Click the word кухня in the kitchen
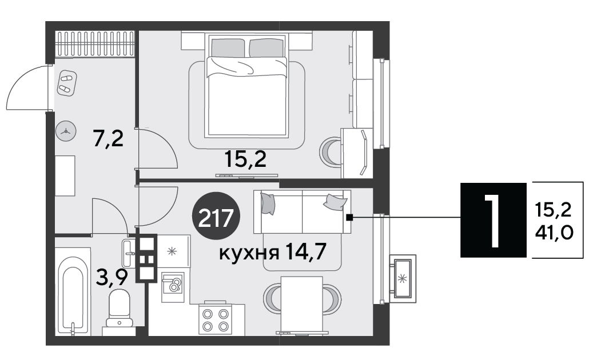(x=249, y=253)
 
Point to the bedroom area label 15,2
(x=245, y=159)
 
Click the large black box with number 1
(x=493, y=220)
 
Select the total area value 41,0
(x=554, y=233)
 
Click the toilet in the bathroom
(x=119, y=307)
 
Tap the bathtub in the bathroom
(x=73, y=291)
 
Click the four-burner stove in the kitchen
(x=215, y=319)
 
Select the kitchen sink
(x=173, y=286)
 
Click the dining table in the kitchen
(x=302, y=303)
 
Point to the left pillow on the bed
(x=228, y=47)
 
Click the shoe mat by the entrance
(x=67, y=83)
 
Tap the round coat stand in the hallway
(x=66, y=131)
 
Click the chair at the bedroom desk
(x=330, y=153)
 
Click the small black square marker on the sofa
(x=349, y=217)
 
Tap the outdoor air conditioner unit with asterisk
(x=403, y=278)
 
